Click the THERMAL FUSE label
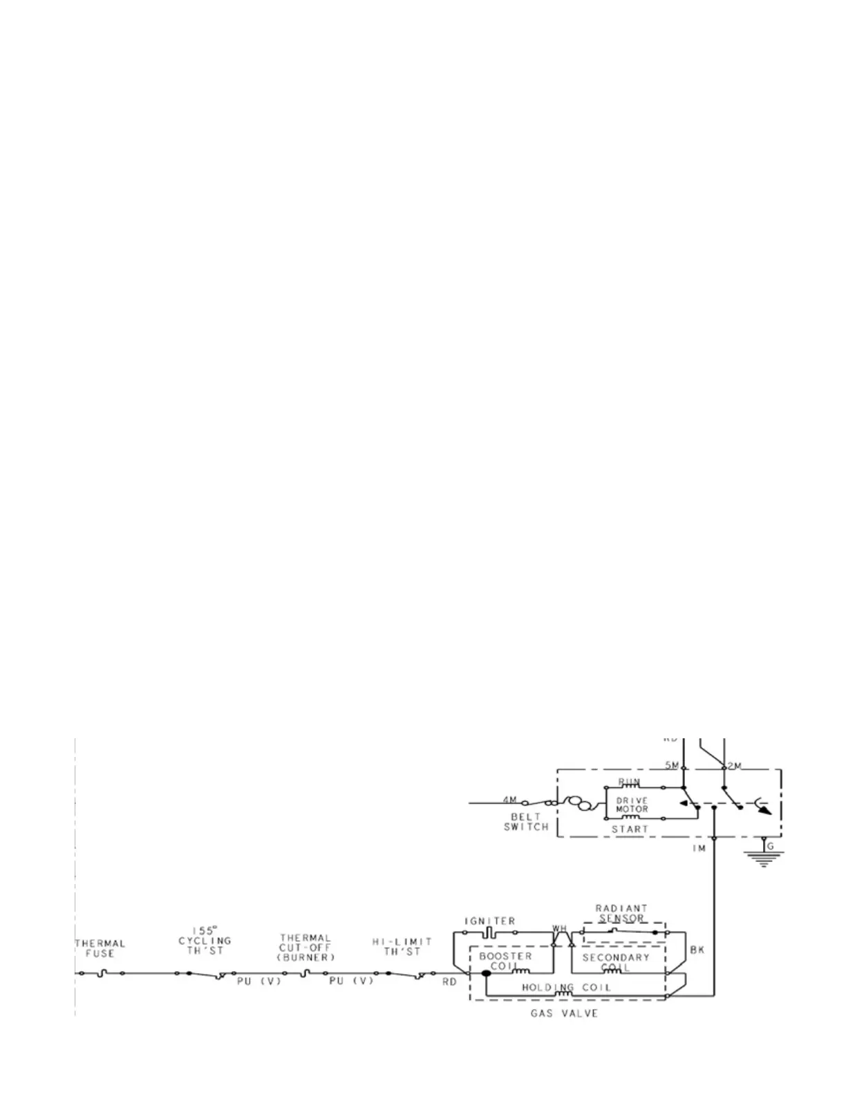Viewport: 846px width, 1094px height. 100,948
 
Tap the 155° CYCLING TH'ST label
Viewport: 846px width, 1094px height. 205,941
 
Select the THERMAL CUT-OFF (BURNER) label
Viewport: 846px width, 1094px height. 306,948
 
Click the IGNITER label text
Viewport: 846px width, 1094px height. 489,921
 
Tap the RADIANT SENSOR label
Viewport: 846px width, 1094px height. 621,913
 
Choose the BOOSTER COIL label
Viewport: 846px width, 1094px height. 505,961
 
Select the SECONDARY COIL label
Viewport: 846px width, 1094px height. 615,962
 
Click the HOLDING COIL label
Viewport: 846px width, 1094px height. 566,988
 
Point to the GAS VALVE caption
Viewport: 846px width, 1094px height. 564,1013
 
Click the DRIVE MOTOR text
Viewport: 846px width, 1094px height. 632,805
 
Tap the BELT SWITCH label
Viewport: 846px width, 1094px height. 526,821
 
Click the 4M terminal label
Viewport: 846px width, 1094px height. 509,800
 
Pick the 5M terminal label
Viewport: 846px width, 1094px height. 671,765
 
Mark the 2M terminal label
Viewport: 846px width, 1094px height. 734,766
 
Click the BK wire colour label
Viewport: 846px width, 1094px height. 697,950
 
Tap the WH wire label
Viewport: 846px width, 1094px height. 559,928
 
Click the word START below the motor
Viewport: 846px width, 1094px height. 630,829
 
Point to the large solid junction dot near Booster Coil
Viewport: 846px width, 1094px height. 486,973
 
